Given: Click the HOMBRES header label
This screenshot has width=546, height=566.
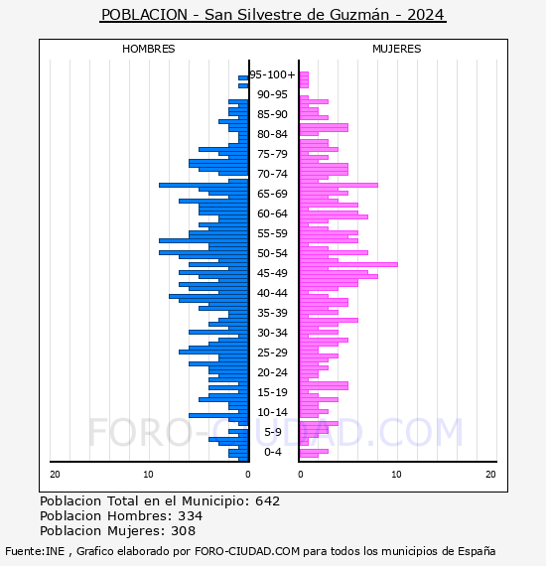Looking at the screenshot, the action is [148, 49].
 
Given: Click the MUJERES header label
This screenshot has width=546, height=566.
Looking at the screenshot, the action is [397, 49].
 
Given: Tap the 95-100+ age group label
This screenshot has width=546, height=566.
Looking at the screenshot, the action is [272, 74].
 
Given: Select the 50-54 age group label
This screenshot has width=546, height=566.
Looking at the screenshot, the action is [272, 253].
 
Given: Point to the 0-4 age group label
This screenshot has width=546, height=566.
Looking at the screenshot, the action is [273, 452].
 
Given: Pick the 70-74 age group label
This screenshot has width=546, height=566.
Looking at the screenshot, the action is [272, 174].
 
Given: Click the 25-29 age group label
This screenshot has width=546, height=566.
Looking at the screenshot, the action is [272, 353].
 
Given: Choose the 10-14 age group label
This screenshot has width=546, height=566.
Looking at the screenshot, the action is [272, 412].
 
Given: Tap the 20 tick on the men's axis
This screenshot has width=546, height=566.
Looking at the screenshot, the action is [55, 475].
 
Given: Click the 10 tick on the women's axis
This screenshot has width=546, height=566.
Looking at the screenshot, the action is [397, 475].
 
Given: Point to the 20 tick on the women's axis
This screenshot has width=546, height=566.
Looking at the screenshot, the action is [490, 475].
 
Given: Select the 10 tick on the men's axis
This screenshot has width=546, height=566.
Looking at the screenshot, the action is [148, 475].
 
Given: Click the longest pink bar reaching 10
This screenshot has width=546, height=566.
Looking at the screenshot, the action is [348, 264].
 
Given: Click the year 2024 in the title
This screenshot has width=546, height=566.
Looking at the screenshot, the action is [426, 15].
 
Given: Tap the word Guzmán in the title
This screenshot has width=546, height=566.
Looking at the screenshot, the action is [359, 15].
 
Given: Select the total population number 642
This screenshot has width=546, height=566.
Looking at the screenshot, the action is [267, 501].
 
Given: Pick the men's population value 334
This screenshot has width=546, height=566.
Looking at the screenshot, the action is [191, 515].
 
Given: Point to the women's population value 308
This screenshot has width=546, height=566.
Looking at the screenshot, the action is [183, 530].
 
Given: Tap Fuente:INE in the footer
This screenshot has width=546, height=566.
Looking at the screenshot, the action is [35, 551].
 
